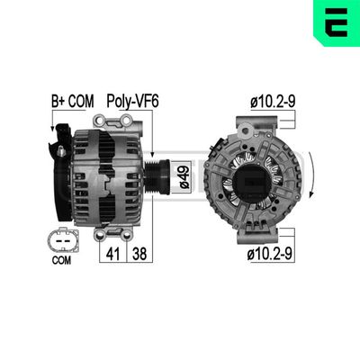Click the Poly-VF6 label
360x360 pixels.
131,103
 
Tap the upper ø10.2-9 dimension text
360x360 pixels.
271,103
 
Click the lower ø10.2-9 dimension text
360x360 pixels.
271,255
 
